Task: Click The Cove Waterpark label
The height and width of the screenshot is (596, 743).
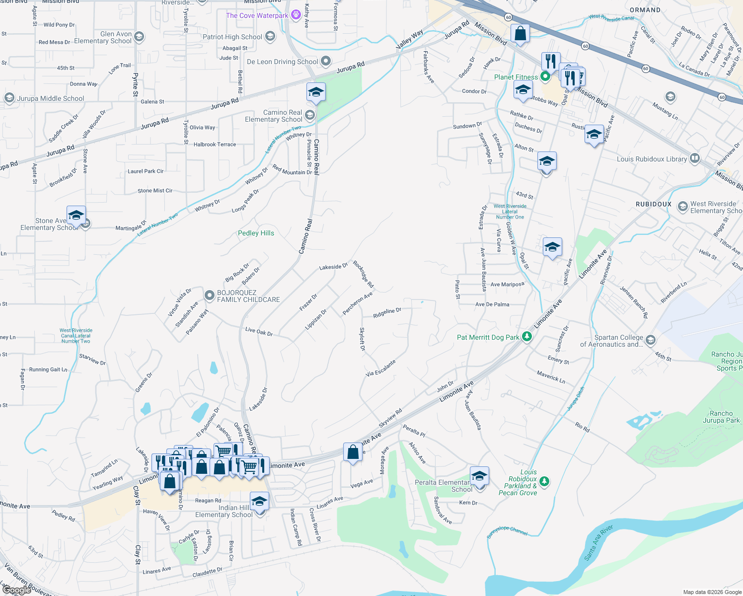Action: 257,15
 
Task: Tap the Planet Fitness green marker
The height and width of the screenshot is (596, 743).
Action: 545,76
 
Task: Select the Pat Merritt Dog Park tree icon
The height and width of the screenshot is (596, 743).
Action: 527,337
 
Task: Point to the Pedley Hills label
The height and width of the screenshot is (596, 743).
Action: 256,233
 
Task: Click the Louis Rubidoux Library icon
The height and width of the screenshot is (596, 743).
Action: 695,159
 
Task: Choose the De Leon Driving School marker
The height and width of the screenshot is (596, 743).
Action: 326,62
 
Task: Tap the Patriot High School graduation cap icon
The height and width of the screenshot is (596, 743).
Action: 270,36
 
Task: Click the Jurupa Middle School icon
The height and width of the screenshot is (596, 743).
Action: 9,98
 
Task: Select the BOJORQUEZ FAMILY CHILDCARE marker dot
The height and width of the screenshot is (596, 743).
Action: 210,293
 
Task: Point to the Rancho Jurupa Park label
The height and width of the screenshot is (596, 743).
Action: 721,417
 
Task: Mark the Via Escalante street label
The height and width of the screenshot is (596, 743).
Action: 380,368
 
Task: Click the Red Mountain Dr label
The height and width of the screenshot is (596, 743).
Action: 292,170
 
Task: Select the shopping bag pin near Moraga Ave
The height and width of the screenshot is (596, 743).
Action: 353,452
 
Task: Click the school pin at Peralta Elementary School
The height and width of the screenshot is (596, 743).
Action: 479,476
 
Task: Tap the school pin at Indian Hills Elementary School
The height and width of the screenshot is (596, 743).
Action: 259,501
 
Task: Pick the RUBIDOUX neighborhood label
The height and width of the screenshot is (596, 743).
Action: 653,204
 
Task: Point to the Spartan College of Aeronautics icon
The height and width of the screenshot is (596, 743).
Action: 651,341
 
